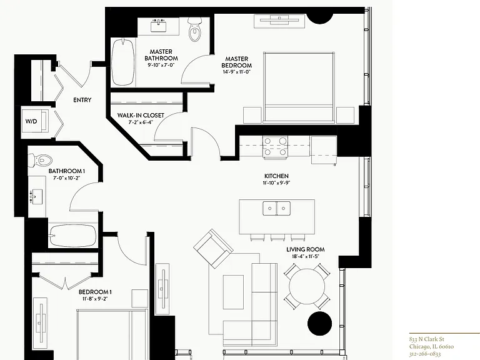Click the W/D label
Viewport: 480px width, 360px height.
[x=31, y=121]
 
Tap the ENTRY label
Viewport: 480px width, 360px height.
[x=82, y=100]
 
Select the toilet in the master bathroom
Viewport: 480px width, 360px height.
[x=194, y=29]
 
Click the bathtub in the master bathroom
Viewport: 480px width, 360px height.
[x=122, y=62]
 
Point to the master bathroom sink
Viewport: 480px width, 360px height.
[x=158, y=26]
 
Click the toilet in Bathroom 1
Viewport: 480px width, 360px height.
[x=40, y=160]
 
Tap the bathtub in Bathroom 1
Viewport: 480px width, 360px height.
[x=73, y=236]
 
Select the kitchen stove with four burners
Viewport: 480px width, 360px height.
[x=275, y=147]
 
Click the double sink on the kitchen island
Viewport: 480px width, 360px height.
[x=277, y=208]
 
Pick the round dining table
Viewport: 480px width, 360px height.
[x=307, y=286]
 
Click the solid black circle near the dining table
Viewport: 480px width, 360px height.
[x=319, y=324]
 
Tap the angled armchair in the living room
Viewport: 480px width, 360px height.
[x=213, y=248]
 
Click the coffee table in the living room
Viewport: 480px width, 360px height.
[x=234, y=292]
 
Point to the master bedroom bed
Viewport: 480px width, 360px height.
[x=299, y=88]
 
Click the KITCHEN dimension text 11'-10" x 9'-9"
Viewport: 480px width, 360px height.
[x=277, y=182]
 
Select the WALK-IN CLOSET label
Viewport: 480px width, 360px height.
[x=141, y=116]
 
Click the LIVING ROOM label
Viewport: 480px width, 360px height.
[x=306, y=249]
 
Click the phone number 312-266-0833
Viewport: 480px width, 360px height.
[x=425, y=354]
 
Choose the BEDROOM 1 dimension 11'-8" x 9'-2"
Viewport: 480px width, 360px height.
[x=95, y=299]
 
